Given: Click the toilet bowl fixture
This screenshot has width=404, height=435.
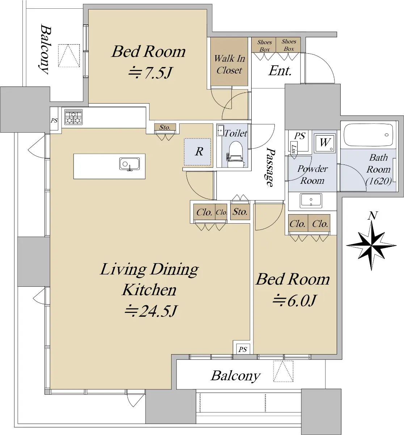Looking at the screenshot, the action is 236,154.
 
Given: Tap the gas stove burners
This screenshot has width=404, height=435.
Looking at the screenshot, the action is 73,117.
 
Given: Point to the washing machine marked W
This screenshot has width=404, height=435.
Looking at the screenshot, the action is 325,143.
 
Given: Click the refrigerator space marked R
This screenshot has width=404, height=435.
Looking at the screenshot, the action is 198,152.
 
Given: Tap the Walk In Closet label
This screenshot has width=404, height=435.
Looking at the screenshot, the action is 229,64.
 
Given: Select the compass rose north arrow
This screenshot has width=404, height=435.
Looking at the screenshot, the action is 371,246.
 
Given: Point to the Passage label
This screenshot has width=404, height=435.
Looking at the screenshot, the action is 270,167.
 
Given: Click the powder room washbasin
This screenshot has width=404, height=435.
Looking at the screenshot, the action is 311,200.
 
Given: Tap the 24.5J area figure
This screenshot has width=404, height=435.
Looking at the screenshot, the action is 151,311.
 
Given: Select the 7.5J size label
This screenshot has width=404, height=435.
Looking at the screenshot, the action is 151,72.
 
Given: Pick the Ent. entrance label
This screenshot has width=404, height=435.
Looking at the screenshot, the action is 280,71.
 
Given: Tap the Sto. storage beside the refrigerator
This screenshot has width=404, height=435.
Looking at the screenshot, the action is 165,127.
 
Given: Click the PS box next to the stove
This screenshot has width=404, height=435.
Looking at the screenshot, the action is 54,120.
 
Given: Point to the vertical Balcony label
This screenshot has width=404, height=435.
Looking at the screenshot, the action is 46,49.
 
